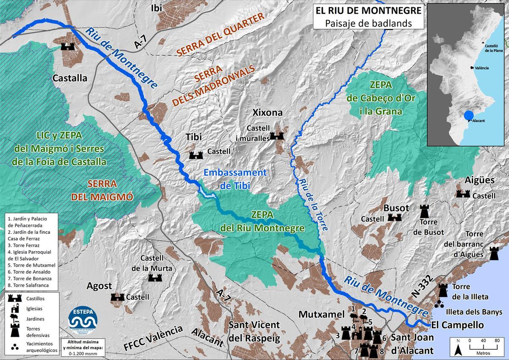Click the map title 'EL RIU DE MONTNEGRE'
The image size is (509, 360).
368,10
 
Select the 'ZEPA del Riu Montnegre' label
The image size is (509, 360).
262,221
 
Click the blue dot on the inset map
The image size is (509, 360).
469,115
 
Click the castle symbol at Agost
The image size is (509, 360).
117,297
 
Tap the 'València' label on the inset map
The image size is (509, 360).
481,68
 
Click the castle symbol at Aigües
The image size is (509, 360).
463,194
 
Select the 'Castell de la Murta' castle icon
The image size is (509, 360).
155,277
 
